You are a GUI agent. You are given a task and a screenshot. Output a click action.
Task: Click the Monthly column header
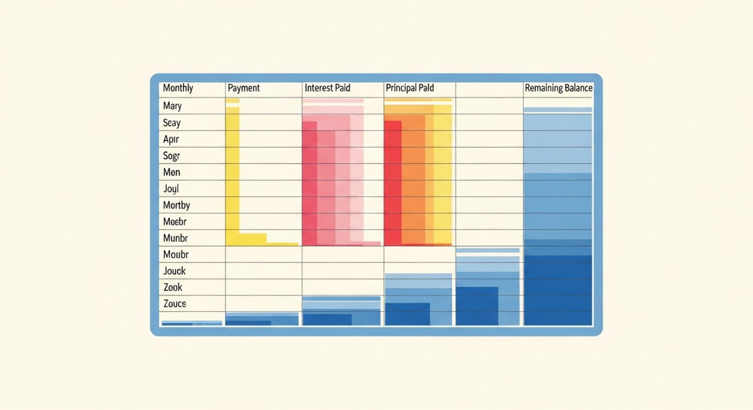[x=178, y=88]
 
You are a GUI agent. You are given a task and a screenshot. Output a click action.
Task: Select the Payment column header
[x=244, y=88]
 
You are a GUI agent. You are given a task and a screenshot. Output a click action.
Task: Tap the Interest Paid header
[x=327, y=88]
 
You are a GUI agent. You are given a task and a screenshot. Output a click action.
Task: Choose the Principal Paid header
[x=409, y=88]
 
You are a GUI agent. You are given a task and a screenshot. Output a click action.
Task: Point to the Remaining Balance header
[x=558, y=88]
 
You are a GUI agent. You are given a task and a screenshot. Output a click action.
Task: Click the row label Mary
[x=172, y=106]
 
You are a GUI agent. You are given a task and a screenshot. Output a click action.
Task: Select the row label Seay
[x=172, y=123]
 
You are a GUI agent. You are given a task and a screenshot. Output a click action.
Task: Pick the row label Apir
[x=171, y=139]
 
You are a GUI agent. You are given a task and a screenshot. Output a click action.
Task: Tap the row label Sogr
[x=172, y=156]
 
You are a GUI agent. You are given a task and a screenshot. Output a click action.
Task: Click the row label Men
[x=172, y=172]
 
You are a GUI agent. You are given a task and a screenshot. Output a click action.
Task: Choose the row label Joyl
[x=171, y=189]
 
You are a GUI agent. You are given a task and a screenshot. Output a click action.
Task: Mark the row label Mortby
[x=176, y=205]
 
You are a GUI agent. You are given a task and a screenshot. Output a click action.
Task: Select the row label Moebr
[x=175, y=221]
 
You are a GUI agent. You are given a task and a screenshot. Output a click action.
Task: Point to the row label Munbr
[x=175, y=238]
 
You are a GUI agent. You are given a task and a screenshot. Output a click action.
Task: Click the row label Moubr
[x=176, y=254]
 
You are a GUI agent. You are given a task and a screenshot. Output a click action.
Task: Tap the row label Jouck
[x=175, y=271]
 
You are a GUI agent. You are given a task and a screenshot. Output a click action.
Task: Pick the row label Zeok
[x=173, y=287]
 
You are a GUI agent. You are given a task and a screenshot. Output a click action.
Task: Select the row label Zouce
[x=175, y=304]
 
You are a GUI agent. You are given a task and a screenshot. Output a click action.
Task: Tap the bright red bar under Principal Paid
[x=392, y=182]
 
